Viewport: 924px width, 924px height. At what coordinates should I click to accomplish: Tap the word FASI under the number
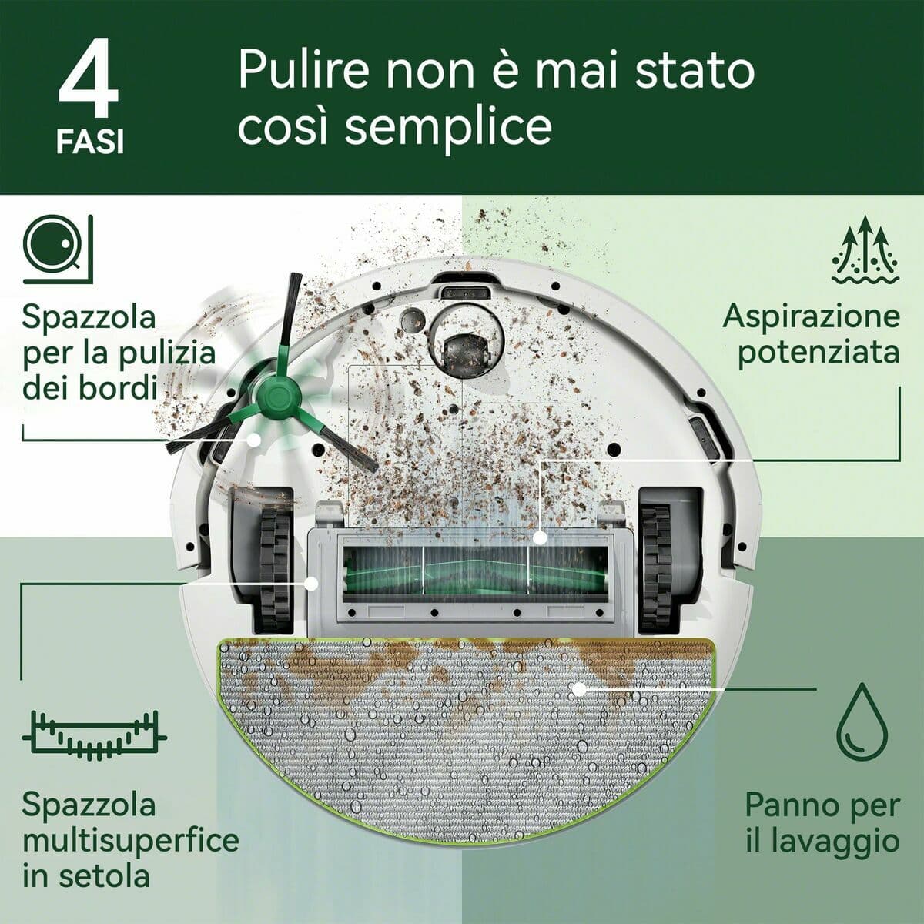click(89, 143)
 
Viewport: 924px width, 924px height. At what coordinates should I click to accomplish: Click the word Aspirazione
click(811, 316)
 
